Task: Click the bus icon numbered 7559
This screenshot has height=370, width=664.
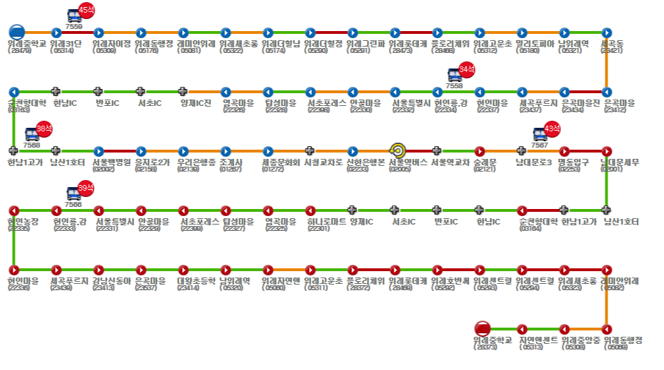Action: pyautogui.click(x=73, y=16)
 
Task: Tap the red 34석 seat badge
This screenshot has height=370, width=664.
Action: pyautogui.click(x=466, y=69)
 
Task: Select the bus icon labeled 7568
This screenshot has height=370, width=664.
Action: pyautogui.click(x=32, y=133)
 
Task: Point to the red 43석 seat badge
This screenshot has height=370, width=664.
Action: pyautogui.click(x=552, y=129)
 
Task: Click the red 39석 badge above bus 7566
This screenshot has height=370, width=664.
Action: pyautogui.click(x=85, y=188)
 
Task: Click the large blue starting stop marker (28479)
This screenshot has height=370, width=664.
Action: pyautogui.click(x=17, y=32)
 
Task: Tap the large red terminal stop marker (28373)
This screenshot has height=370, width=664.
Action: pyautogui.click(x=483, y=328)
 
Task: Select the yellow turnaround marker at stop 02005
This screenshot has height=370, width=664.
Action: pyautogui.click(x=397, y=150)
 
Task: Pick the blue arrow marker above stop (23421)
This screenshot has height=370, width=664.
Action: pyautogui.click(x=607, y=32)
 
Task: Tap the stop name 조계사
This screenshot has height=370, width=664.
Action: pyautogui.click(x=231, y=162)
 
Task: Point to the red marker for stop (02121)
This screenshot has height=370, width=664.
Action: pyautogui.click(x=480, y=150)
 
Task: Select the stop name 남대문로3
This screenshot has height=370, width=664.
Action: pyautogui.click(x=533, y=162)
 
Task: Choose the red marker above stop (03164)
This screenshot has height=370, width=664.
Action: pyautogui.click(x=522, y=210)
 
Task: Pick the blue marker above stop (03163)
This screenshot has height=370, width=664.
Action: pyautogui.click(x=14, y=92)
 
